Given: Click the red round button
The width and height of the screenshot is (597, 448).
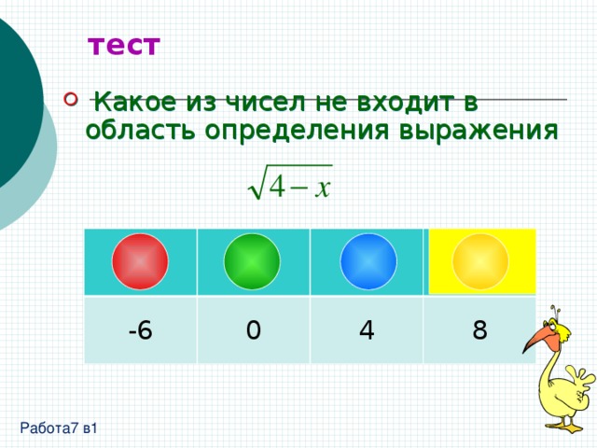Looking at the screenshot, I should pyautogui.click(x=140, y=261).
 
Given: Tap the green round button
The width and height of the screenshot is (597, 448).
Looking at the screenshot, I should pyautogui.click(x=252, y=261).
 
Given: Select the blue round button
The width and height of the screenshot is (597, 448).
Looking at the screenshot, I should pyautogui.click(x=368, y=261).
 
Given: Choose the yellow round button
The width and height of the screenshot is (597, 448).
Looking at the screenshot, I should pyautogui.click(x=480, y=261).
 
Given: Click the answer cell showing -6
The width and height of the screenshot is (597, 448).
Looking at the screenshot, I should pyautogui.click(x=140, y=330).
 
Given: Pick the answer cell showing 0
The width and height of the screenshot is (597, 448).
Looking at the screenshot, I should pyautogui.click(x=253, y=330).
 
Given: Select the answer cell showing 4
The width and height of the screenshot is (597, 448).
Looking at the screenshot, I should pyautogui.click(x=366, y=330).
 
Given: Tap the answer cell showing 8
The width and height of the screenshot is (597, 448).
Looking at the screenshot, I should pyautogui.click(x=479, y=330).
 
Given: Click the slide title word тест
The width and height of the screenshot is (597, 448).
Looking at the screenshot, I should pyautogui.click(x=124, y=46).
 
